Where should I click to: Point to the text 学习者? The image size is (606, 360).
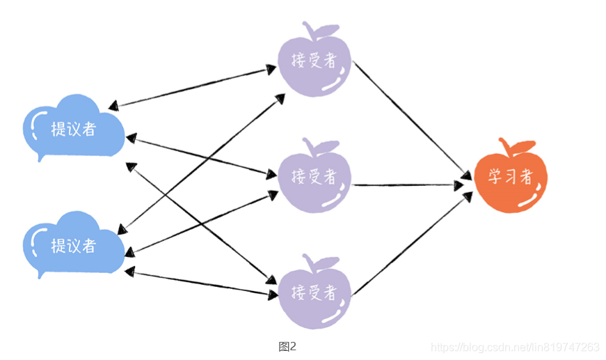(510, 177)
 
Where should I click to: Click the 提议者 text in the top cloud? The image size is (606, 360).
(74, 129)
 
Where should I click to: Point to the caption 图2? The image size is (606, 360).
(287, 346)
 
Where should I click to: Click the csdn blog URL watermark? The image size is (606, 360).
(515, 347)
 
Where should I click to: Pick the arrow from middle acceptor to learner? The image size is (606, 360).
(410, 185)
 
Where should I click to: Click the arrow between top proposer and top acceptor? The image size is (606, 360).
(195, 87)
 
